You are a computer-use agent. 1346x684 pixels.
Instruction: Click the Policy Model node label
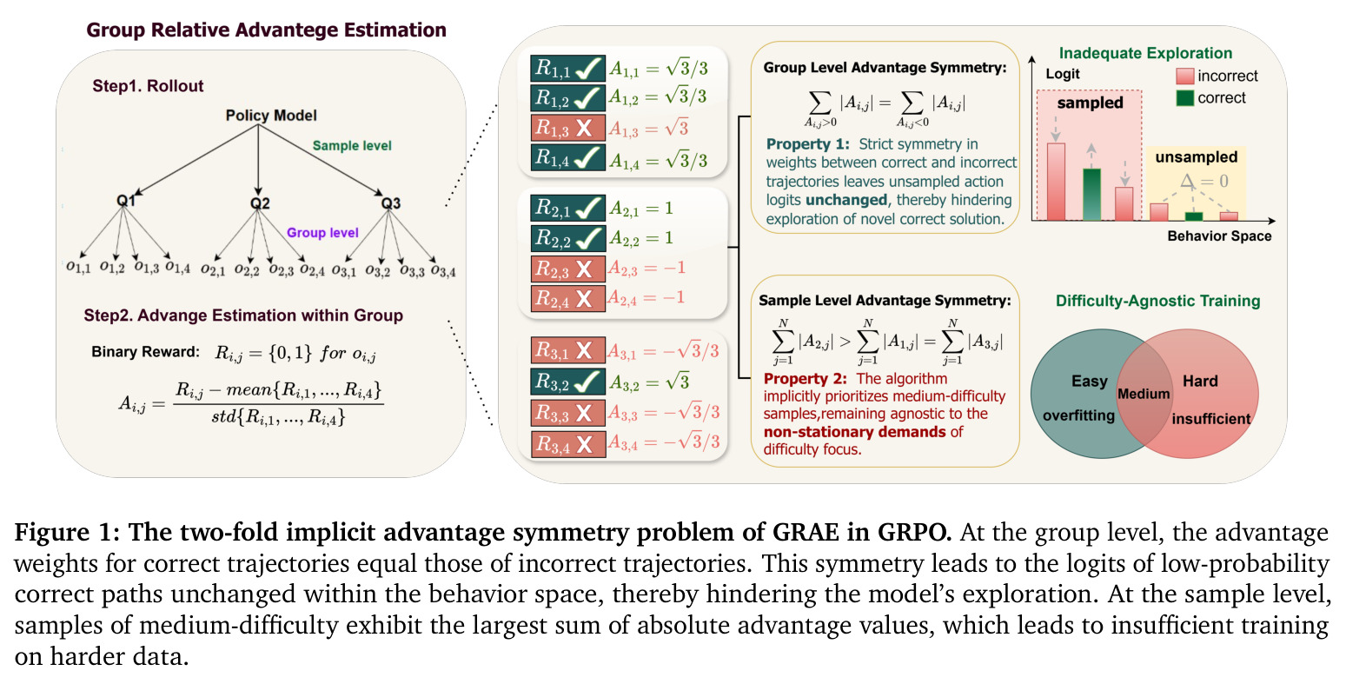tap(271, 115)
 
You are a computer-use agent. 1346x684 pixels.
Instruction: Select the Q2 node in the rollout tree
tap(260, 203)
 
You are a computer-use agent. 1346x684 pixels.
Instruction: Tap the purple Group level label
tap(322, 233)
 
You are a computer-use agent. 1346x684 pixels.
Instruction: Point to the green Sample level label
tap(352, 145)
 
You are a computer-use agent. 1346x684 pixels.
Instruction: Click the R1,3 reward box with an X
tap(567, 128)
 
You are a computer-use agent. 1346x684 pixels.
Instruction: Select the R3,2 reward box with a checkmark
tap(567, 382)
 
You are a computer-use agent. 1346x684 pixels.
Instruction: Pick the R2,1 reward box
tap(567, 209)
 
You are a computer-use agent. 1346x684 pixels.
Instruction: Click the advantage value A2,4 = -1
tap(646, 297)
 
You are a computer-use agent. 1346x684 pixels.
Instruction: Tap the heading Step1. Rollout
tap(148, 86)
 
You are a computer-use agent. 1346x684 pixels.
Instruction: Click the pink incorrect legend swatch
tap(1184, 76)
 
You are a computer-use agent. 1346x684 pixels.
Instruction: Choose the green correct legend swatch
tap(1184, 98)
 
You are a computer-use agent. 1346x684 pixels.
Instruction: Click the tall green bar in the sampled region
tap(1091, 194)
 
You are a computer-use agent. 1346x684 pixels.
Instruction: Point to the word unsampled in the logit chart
tap(1197, 156)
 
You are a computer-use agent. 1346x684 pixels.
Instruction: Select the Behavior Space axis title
tap(1219, 236)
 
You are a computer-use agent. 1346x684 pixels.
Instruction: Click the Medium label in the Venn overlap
tap(1144, 394)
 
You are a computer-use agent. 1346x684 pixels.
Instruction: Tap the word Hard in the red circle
tap(1200, 381)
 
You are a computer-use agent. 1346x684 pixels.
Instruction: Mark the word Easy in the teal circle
tap(1090, 381)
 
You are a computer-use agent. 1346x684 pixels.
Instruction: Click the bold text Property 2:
tap(805, 379)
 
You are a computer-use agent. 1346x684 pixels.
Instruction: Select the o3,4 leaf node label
tap(443, 272)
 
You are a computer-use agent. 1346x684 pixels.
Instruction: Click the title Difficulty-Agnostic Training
tap(1158, 301)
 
